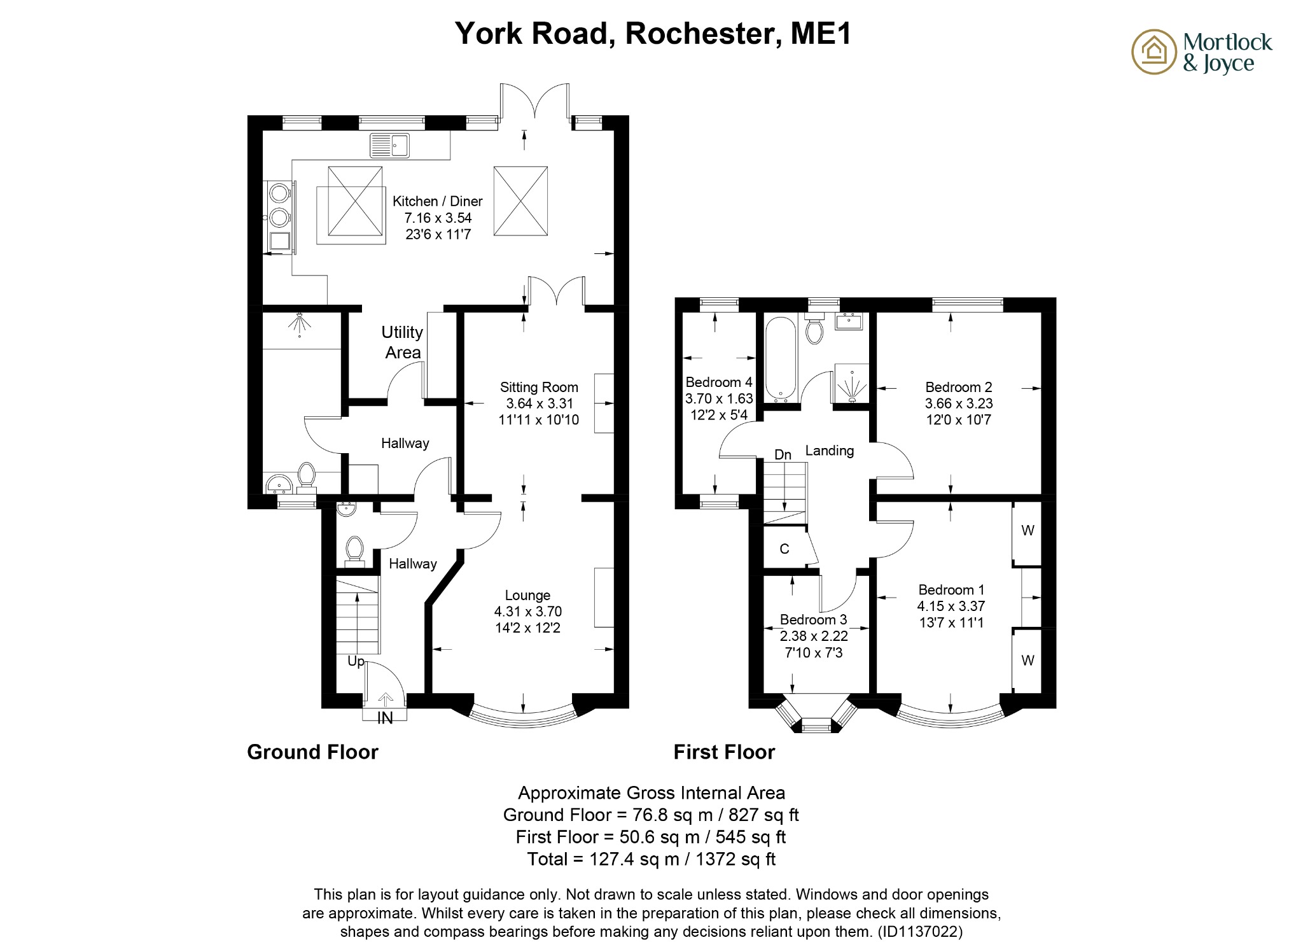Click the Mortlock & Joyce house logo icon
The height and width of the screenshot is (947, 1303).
[1153, 52]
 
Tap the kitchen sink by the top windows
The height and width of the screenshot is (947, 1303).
[390, 145]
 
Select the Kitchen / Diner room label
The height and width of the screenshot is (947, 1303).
[437, 201]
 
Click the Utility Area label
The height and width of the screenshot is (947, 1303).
[402, 342]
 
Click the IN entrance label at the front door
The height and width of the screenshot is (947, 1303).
[385, 718]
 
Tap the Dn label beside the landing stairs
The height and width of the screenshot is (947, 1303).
[783, 454]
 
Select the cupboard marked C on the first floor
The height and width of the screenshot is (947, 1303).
[784, 549]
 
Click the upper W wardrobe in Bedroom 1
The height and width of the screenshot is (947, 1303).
[1028, 531]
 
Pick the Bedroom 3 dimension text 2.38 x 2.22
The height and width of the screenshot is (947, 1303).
[814, 636]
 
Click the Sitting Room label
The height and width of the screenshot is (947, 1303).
[539, 387]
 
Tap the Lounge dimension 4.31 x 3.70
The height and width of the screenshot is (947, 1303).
[527, 612]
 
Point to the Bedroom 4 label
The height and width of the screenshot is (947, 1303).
[718, 382]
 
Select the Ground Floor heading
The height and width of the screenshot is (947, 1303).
[312, 752]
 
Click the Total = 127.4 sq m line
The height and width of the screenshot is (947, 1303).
[651, 859]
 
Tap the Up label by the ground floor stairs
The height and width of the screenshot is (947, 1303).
[356, 661]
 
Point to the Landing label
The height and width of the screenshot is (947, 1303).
[829, 451]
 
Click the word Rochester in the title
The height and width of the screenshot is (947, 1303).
[703, 33]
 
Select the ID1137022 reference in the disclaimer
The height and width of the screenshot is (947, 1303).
[921, 932]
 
